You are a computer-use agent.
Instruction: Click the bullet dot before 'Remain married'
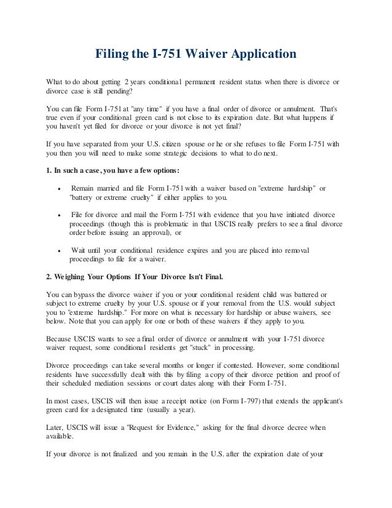pos(58,188)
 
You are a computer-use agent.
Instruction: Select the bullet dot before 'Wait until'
pos(58,251)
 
